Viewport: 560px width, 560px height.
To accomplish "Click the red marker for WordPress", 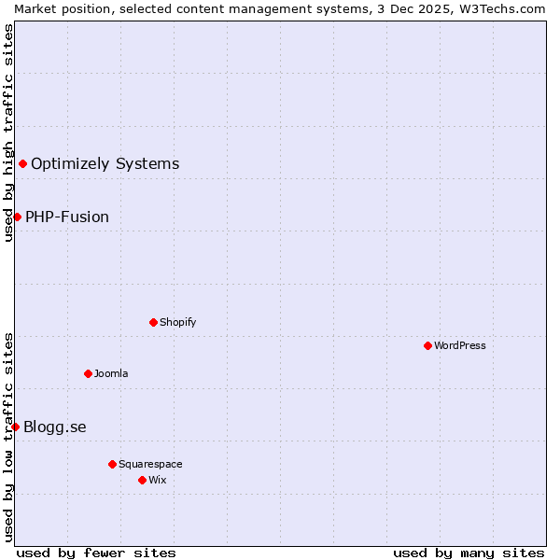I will (x=427, y=345).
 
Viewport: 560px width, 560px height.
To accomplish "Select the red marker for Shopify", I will (x=153, y=322).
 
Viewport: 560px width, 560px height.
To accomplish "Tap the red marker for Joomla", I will (x=88, y=373).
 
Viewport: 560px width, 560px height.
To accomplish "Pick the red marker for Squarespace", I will (x=112, y=464).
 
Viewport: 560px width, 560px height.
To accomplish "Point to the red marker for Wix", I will (x=142, y=480).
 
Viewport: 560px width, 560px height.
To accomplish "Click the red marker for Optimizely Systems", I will (x=22, y=164).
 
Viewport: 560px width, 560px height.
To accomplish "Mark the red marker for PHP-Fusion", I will (x=17, y=217).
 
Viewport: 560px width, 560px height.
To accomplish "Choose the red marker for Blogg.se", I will (x=15, y=427).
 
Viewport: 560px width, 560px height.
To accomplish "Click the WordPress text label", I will (x=460, y=345).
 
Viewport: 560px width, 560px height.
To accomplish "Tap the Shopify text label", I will (x=177, y=322).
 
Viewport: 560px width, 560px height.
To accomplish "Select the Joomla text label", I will (x=111, y=373).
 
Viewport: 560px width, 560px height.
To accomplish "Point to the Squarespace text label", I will (x=150, y=464).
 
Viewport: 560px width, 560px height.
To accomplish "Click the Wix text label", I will (x=158, y=480).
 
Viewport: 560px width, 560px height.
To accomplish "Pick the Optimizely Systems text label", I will (x=105, y=164).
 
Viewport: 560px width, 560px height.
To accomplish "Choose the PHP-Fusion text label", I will (x=67, y=217).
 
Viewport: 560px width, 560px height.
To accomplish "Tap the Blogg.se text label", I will (x=55, y=427).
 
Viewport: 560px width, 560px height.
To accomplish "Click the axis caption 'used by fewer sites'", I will (x=96, y=553).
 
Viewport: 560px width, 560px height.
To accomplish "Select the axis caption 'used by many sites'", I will (x=469, y=553).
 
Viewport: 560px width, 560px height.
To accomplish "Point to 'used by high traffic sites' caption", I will (x=8, y=133).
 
